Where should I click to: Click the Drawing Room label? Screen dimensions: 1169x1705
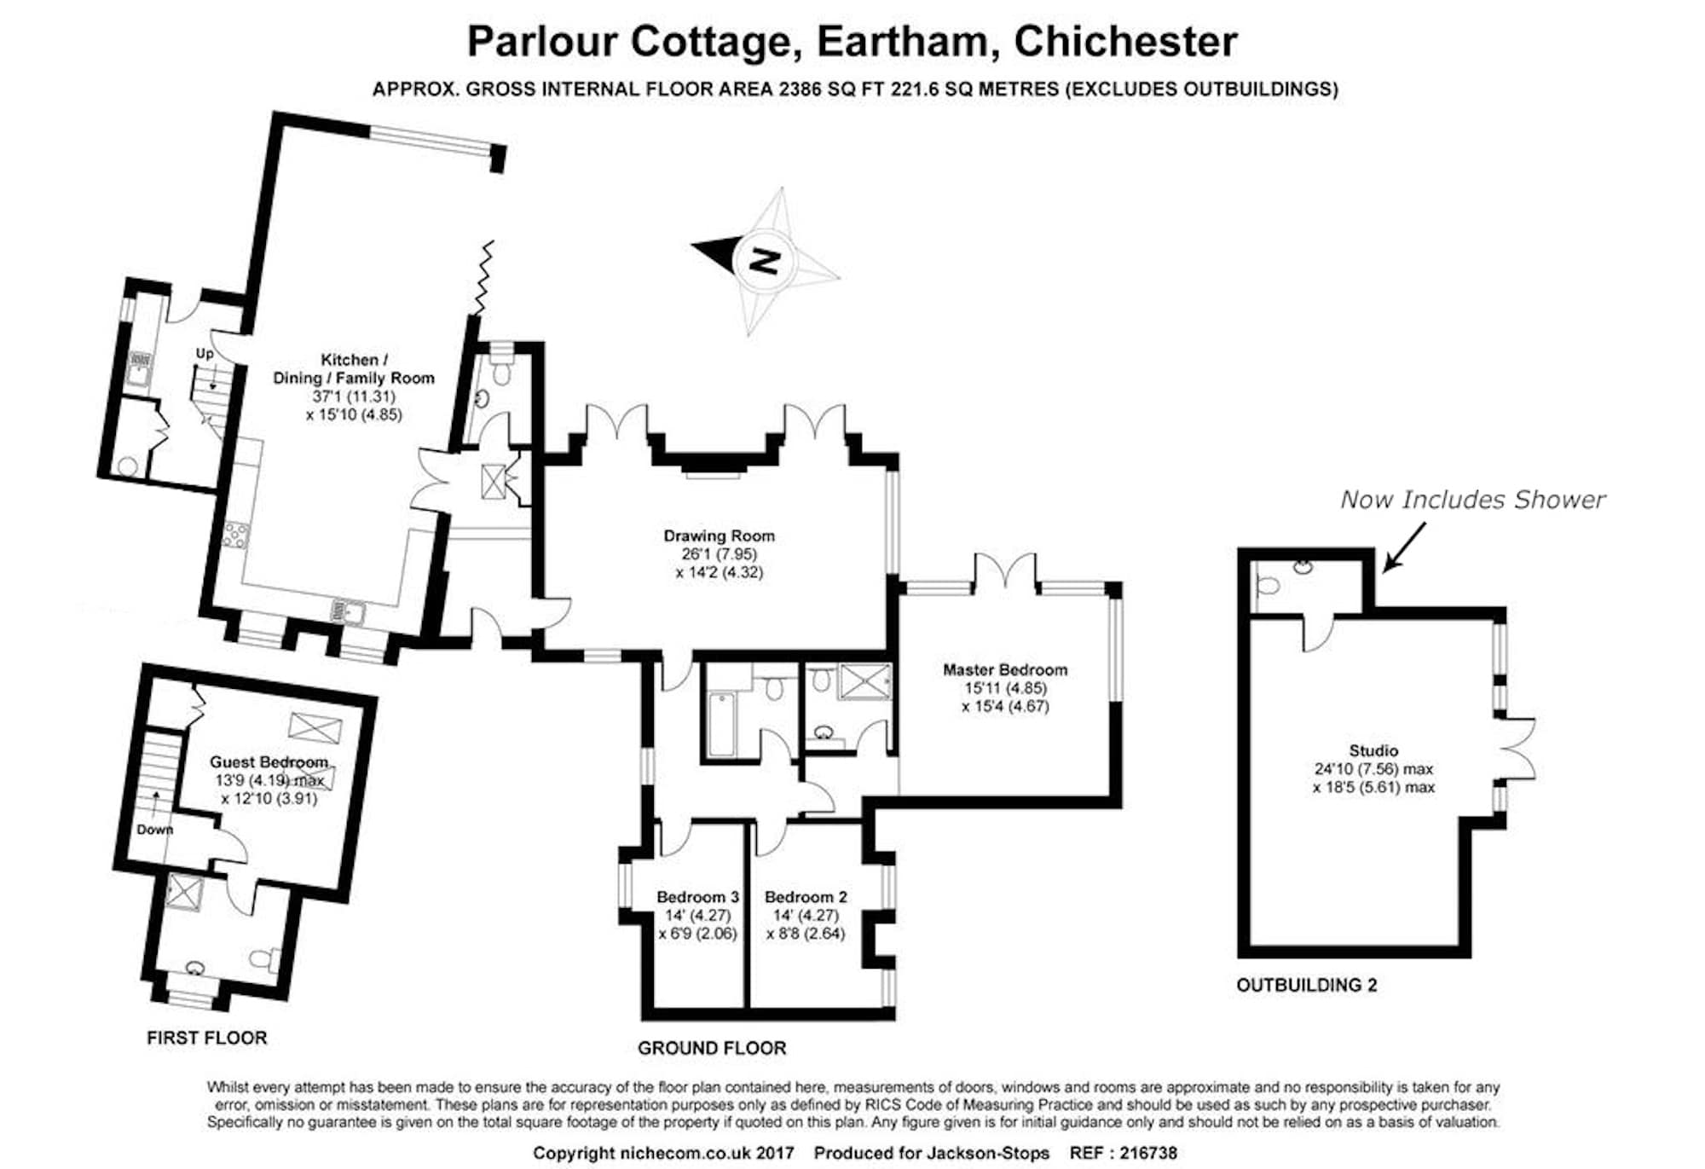point(719,536)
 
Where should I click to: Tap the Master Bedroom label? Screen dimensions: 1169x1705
point(1004,670)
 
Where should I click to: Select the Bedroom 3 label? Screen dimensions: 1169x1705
point(696,897)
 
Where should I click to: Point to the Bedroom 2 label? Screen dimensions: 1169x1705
point(805,897)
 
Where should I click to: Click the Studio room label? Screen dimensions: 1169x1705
point(1373,750)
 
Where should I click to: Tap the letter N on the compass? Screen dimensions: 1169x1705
point(765,260)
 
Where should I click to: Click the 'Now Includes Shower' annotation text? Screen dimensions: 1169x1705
point(1472,500)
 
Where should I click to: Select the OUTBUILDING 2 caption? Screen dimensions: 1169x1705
point(1306,985)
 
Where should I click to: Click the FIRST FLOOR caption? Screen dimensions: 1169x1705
point(206,1038)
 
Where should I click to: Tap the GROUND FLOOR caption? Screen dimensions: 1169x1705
point(712,1048)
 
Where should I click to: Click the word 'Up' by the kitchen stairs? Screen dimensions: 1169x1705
point(205,353)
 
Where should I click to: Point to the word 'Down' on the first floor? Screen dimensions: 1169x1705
point(154,830)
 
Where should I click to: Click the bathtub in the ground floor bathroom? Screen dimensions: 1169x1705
point(721,724)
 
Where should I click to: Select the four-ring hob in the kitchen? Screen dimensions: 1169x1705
point(235,535)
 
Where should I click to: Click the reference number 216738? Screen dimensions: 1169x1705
point(1147,1153)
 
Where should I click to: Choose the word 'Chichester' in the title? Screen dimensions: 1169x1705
point(1125,41)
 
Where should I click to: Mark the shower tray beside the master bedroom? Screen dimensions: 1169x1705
point(865,682)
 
